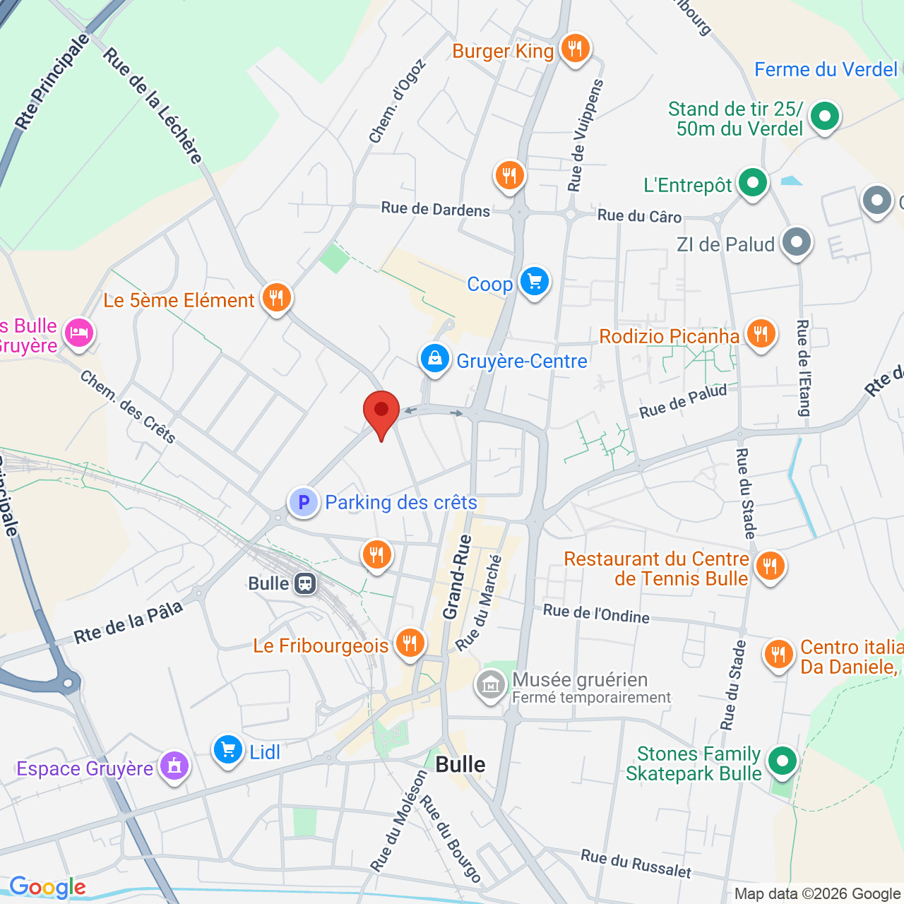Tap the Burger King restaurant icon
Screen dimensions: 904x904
pos(575,49)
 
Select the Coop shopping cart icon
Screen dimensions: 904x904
pos(534,282)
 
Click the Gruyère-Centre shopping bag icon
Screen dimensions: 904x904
pos(435,359)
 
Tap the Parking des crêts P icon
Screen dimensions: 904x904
pos(304,502)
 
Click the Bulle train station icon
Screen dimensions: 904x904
pos(305,583)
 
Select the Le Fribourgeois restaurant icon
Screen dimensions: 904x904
pos(410,643)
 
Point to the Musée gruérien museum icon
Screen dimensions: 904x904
pos(490,684)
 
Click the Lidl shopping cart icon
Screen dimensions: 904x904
pos(228,749)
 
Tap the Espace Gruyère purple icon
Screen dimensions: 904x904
pos(174,766)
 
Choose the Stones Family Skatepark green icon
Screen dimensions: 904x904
pos(781,761)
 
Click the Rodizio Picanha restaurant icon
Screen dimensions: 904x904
pos(760,333)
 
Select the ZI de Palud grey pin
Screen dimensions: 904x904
pos(797,242)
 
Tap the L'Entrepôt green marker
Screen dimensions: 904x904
pos(753,183)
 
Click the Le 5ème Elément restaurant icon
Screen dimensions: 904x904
pos(276,297)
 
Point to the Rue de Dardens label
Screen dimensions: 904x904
pos(435,209)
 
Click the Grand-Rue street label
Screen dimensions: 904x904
pos(457,577)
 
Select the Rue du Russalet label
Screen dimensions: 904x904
pos(636,864)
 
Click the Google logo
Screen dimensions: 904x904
pos(47,887)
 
